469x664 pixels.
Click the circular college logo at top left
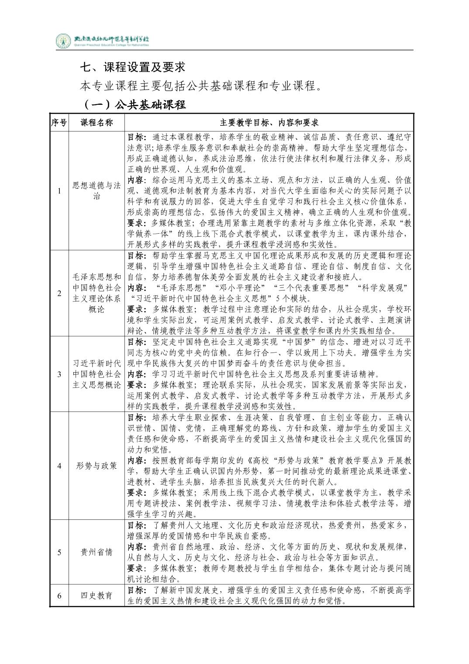point(64,41)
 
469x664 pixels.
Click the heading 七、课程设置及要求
point(133,67)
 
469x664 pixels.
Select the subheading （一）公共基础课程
point(134,105)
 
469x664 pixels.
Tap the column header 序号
point(59,122)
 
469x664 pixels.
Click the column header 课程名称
point(97,122)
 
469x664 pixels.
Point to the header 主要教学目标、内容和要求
point(269,122)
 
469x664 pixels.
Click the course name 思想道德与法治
point(97,190)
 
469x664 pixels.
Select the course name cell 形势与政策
point(97,465)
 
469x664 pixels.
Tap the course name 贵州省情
point(97,552)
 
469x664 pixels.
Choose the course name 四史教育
point(97,595)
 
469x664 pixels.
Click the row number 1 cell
point(59,190)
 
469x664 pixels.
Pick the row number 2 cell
point(59,293)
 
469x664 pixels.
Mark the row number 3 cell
point(59,374)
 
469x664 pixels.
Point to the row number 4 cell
point(59,465)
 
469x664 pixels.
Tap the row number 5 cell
point(59,552)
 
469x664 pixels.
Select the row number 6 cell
point(59,595)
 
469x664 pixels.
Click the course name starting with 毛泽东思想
point(97,293)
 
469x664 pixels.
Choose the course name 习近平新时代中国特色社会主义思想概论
point(97,374)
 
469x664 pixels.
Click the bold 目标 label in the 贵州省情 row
point(136,525)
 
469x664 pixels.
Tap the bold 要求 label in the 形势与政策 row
point(136,492)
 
